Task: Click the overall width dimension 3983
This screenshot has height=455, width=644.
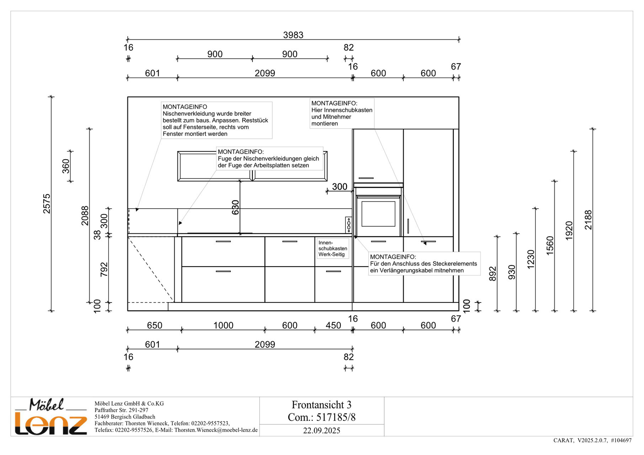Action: [x=293, y=35]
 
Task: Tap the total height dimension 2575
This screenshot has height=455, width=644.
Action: [x=47, y=204]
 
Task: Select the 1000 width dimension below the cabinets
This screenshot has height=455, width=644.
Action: [x=223, y=325]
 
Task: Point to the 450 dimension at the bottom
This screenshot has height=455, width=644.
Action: [x=333, y=325]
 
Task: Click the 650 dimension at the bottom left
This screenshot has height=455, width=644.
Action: [x=154, y=325]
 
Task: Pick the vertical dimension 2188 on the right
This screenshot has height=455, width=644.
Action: [x=588, y=220]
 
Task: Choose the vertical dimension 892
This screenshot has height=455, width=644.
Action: [x=492, y=274]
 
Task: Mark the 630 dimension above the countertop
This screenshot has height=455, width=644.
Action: [x=235, y=207]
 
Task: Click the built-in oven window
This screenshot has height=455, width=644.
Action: [x=378, y=214]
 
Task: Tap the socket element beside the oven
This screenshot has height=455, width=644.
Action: [x=348, y=225]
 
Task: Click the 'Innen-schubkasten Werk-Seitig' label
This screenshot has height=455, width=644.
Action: [x=332, y=248]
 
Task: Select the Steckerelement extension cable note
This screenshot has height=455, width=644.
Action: [x=424, y=264]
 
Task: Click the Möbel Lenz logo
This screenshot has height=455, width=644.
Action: [x=50, y=417]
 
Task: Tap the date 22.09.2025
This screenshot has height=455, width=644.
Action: [x=321, y=430]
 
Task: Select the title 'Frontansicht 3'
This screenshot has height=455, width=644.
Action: [x=321, y=405]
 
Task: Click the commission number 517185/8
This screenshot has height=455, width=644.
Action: [x=336, y=417]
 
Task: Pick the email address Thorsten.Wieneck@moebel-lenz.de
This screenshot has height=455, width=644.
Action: [x=216, y=430]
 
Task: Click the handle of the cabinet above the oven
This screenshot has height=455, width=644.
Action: [x=366, y=178]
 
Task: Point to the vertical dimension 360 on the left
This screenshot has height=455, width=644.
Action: [x=66, y=166]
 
